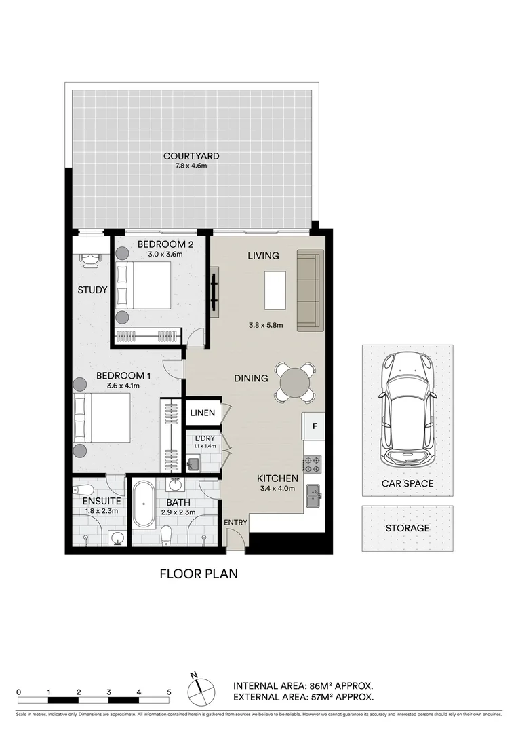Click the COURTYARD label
click(191, 156)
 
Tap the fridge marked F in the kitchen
click(314, 427)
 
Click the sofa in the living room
click(310, 290)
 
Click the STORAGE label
click(407, 528)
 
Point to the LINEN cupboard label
click(202, 413)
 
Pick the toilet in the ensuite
click(82, 490)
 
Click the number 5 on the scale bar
click(168, 692)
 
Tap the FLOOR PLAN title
click(199, 574)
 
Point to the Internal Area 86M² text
click(302, 685)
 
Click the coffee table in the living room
click(274, 290)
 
